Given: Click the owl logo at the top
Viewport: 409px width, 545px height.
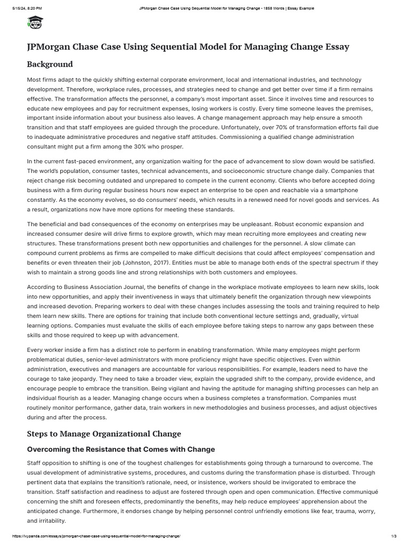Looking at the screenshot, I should pyautogui.click(x=35, y=23).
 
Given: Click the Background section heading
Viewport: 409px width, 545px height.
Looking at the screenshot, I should pyautogui.click(x=50, y=64).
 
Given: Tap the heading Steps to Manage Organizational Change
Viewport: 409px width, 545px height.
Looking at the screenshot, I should pyautogui.click(x=104, y=433).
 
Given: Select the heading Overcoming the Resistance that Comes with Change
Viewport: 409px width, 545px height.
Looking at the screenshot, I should pyautogui.click(x=121, y=449).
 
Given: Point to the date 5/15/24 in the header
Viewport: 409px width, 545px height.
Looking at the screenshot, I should pyautogui.click(x=17, y=9).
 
